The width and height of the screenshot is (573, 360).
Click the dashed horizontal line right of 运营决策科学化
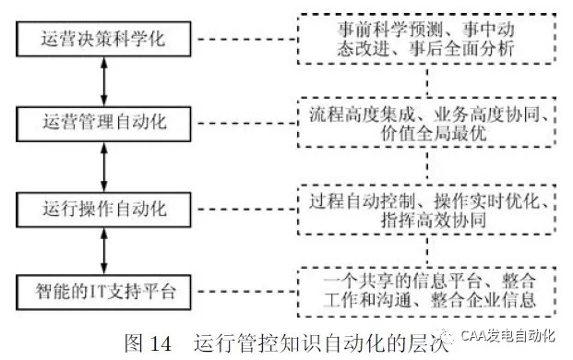[x=239, y=41]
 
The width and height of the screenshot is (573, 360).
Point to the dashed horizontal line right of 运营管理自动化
[x=239, y=121]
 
